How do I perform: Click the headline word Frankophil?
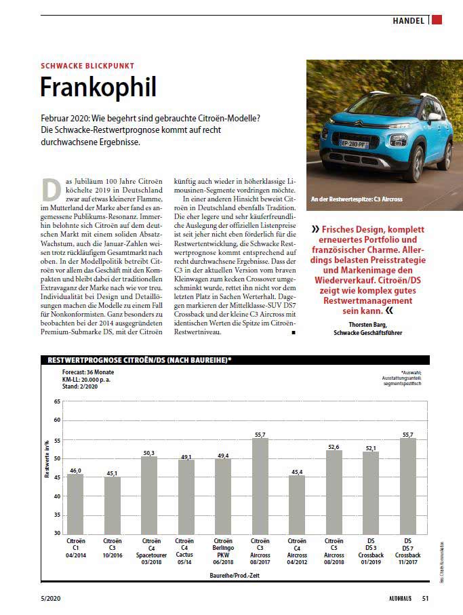click(x=98, y=87)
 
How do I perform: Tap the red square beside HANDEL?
click(x=437, y=20)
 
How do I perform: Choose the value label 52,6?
click(x=334, y=446)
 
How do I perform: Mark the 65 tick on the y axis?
click(x=56, y=401)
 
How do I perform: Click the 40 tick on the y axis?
click(x=56, y=496)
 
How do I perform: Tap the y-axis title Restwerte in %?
click(x=47, y=460)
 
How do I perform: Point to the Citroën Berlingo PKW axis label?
click(x=224, y=548)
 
